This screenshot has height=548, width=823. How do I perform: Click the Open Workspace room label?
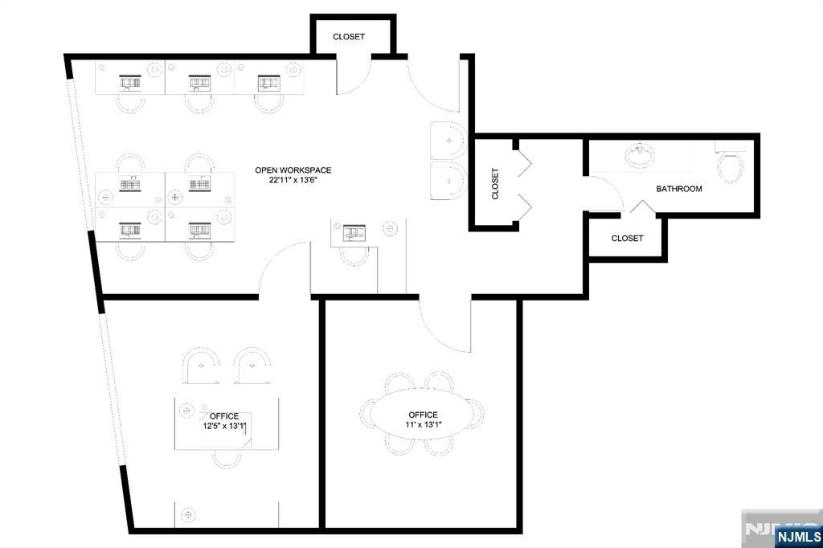293,170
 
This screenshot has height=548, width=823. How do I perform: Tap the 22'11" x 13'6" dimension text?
293,180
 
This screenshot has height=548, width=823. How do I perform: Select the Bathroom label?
678,189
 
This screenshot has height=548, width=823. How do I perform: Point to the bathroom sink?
639,155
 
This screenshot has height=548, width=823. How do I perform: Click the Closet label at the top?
349,37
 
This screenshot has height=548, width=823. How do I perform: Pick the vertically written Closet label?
495,184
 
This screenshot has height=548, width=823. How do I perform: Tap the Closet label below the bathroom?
627,239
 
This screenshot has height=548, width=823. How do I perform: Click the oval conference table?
422,413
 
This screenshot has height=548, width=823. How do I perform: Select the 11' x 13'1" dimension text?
423,424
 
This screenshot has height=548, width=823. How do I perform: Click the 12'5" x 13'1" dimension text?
225,426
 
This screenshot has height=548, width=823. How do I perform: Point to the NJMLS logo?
798,536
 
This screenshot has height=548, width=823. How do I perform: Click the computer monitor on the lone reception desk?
354,232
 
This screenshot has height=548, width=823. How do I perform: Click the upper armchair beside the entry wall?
448,141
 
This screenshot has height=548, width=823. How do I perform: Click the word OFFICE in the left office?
224,416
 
